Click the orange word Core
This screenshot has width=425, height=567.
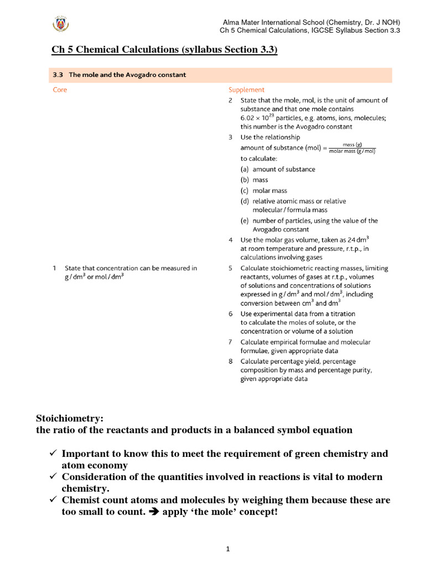click(60, 90)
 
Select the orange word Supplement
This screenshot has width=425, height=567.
click(246, 90)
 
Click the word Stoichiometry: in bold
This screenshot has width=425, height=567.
click(69, 419)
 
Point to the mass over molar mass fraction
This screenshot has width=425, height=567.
click(352, 147)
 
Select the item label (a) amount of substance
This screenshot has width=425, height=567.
click(278, 169)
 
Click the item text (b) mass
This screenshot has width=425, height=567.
click(254, 180)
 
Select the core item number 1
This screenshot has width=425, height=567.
click(55, 268)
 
